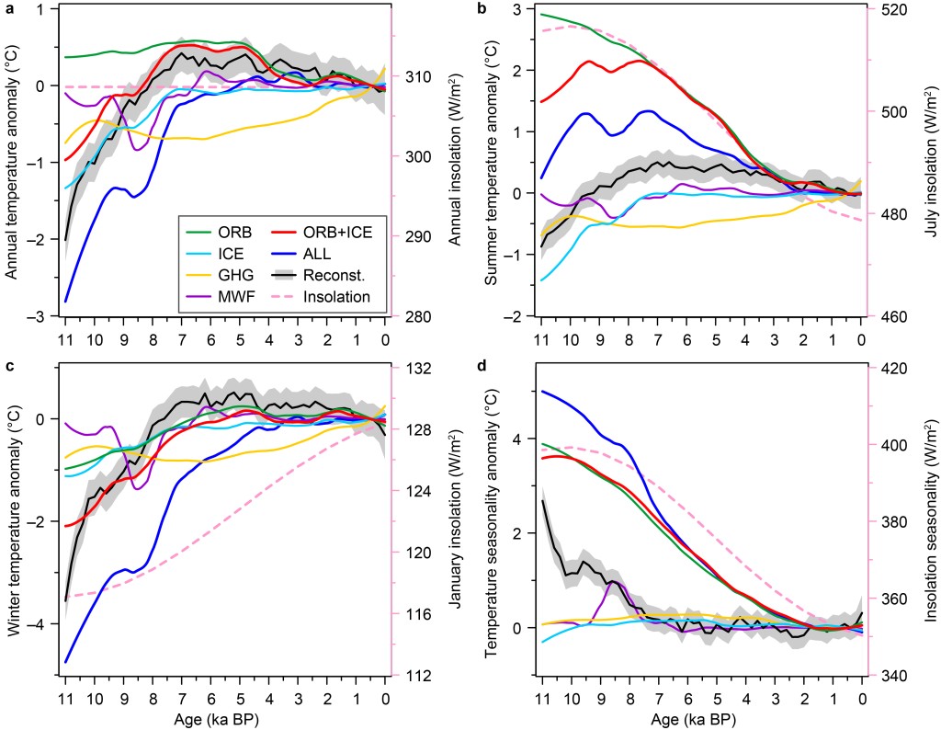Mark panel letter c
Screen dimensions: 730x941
tap(9, 372)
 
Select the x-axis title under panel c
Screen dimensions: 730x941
tap(224, 716)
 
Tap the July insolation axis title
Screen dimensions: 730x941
tap(928, 163)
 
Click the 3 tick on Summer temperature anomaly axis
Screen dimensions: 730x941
tap(516, 10)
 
